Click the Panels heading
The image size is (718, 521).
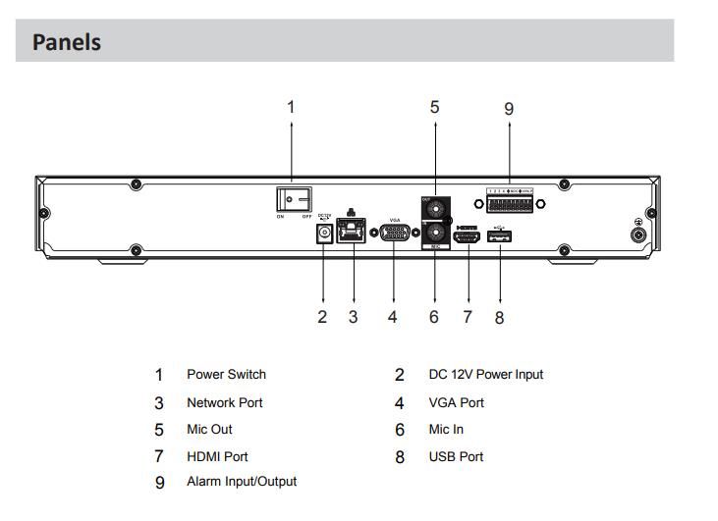click(x=67, y=42)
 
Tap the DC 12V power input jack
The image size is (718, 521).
click(x=322, y=234)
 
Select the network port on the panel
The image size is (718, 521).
click(x=352, y=233)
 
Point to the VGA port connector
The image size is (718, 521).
click(x=394, y=234)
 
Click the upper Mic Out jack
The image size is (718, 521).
click(x=434, y=209)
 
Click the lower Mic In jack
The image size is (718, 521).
click(x=434, y=234)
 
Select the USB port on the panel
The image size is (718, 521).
click(x=499, y=235)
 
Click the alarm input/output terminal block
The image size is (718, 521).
click(x=509, y=204)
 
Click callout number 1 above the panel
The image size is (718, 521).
click(x=291, y=106)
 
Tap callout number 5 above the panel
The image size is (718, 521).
click(x=434, y=106)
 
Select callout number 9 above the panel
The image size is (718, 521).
click(x=509, y=108)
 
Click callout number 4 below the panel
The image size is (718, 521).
click(x=393, y=317)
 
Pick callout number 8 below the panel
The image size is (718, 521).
click(x=499, y=318)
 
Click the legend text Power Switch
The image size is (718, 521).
click(x=226, y=375)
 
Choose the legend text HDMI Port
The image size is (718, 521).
click(x=217, y=456)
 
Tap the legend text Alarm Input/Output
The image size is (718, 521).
click(x=242, y=482)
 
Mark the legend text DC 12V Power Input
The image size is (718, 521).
click(x=485, y=375)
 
